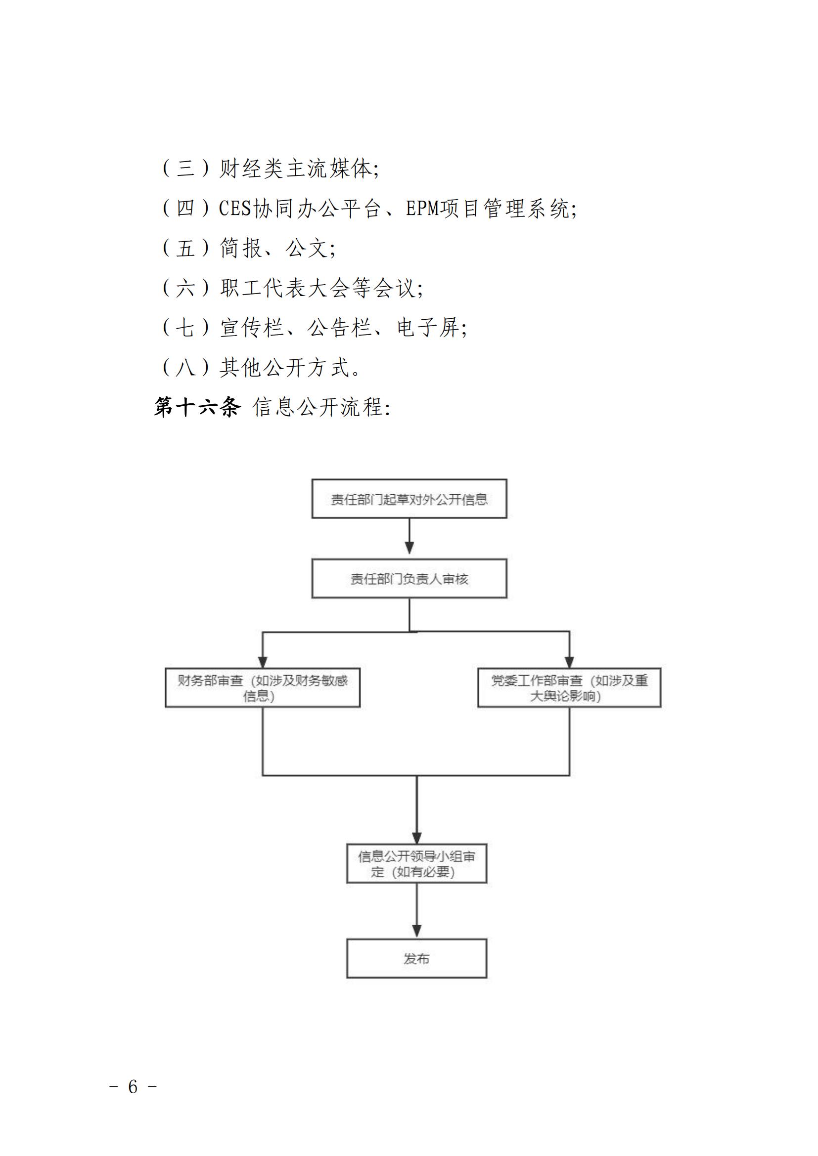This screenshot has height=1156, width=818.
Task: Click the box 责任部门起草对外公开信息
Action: click(409, 499)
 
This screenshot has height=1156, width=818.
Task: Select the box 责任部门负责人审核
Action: click(409, 579)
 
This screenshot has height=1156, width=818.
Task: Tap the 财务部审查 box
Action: click(263, 688)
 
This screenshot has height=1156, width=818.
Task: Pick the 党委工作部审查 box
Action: click(569, 688)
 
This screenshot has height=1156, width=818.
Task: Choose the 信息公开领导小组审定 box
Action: click(416, 863)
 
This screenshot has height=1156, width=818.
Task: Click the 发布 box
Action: click(416, 959)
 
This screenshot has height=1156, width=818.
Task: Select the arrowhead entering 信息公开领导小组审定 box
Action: click(417, 837)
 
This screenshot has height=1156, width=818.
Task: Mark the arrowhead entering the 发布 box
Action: click(417, 932)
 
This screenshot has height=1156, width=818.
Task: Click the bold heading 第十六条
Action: click(197, 407)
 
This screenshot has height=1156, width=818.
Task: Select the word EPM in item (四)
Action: click(422, 209)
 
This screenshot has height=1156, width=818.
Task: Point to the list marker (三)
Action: click(185, 168)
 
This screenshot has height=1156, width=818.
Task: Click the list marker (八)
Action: click(185, 368)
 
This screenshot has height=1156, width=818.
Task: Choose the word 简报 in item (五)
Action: click(241, 248)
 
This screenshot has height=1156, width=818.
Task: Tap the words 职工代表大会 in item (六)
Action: click(284, 288)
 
